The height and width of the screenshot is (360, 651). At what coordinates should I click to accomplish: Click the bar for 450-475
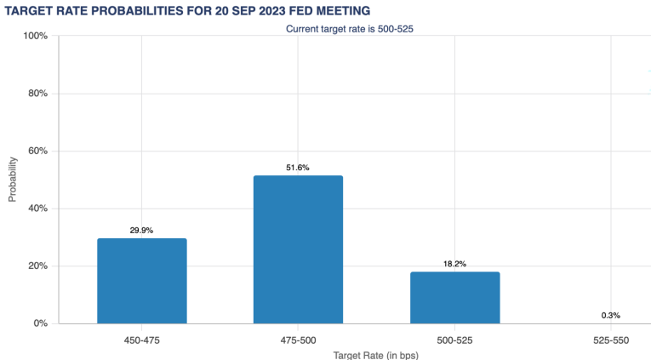pos(142,281)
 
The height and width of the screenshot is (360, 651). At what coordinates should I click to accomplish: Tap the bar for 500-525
pos(454,298)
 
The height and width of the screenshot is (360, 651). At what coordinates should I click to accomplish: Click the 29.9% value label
pos(142,231)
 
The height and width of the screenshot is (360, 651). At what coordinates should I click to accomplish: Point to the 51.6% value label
pos(298,168)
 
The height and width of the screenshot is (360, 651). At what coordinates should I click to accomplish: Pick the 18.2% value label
pos(454,264)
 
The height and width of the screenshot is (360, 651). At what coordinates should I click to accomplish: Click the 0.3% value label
pos(610,315)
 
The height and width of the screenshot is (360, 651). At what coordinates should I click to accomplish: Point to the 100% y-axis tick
pos(36,36)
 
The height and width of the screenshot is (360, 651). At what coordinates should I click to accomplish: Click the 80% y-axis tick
pos(38,94)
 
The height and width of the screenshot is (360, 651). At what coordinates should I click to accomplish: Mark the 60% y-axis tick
pos(38,151)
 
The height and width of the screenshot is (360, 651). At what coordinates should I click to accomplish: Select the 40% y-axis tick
pos(38,209)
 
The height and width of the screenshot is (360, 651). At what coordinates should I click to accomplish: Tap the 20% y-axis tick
pos(38,266)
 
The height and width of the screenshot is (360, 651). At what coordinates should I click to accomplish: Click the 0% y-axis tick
pos(41,323)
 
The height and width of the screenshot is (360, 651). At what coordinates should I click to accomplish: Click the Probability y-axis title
pos(13,179)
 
